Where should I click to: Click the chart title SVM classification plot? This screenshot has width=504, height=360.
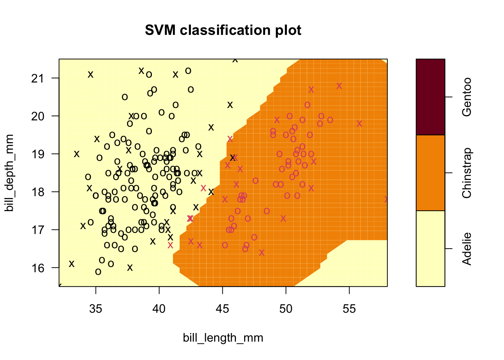click(223, 30)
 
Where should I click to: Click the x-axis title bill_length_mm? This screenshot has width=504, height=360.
click(223, 338)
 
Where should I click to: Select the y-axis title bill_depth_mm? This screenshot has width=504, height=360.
click(9, 173)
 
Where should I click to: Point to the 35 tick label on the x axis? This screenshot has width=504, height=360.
click(96, 309)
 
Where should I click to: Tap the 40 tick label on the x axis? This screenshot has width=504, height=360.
click(159, 309)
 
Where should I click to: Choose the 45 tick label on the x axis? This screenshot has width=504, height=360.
click(223, 309)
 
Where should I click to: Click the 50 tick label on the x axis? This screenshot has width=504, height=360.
click(286, 309)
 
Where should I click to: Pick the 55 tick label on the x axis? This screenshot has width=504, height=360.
click(349, 309)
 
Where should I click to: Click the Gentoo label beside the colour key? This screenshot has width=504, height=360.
click(467, 97)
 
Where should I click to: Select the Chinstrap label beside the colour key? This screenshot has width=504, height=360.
click(467, 173)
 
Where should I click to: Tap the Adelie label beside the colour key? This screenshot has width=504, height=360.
click(467, 249)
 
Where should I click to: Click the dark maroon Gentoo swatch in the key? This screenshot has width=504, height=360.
click(430, 97)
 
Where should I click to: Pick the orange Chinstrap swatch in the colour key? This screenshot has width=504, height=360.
click(430, 173)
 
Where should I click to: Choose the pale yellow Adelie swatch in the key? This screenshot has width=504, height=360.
click(430, 249)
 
